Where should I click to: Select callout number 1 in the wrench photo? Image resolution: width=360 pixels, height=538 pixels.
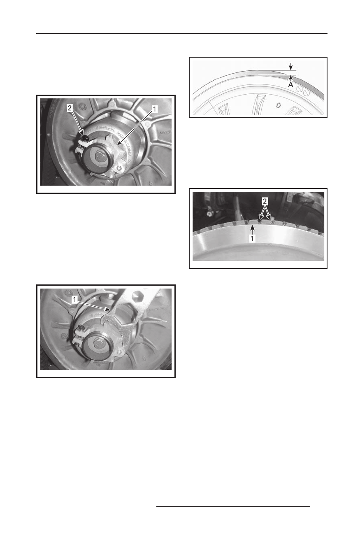tap(74, 301)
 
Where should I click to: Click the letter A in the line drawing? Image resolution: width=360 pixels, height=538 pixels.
tap(291, 84)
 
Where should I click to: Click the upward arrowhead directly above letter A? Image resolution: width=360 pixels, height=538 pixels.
tap(291, 77)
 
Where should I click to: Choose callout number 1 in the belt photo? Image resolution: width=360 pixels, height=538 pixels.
tap(251, 238)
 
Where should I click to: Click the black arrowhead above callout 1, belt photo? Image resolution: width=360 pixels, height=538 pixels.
tap(251, 226)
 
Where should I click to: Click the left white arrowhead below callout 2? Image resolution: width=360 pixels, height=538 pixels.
tap(259, 218)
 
